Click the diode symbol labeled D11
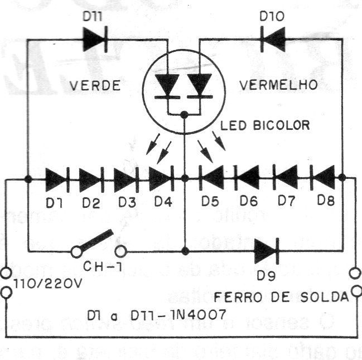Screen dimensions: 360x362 [x=93, y=39]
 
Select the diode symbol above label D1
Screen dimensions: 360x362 [x=56, y=179]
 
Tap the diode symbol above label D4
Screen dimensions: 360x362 [x=161, y=179]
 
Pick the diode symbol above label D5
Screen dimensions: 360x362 [x=210, y=179]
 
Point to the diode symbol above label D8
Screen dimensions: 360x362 [x=324, y=179]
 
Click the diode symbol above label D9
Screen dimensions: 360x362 [x=266, y=251]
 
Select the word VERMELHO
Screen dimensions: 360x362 [x=279, y=85]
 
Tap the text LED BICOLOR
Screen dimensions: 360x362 [x=265, y=125]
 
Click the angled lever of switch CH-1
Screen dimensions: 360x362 [x=97, y=241]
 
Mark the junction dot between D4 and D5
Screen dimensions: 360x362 [x=185, y=179]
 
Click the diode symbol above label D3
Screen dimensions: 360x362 [x=126, y=179]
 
